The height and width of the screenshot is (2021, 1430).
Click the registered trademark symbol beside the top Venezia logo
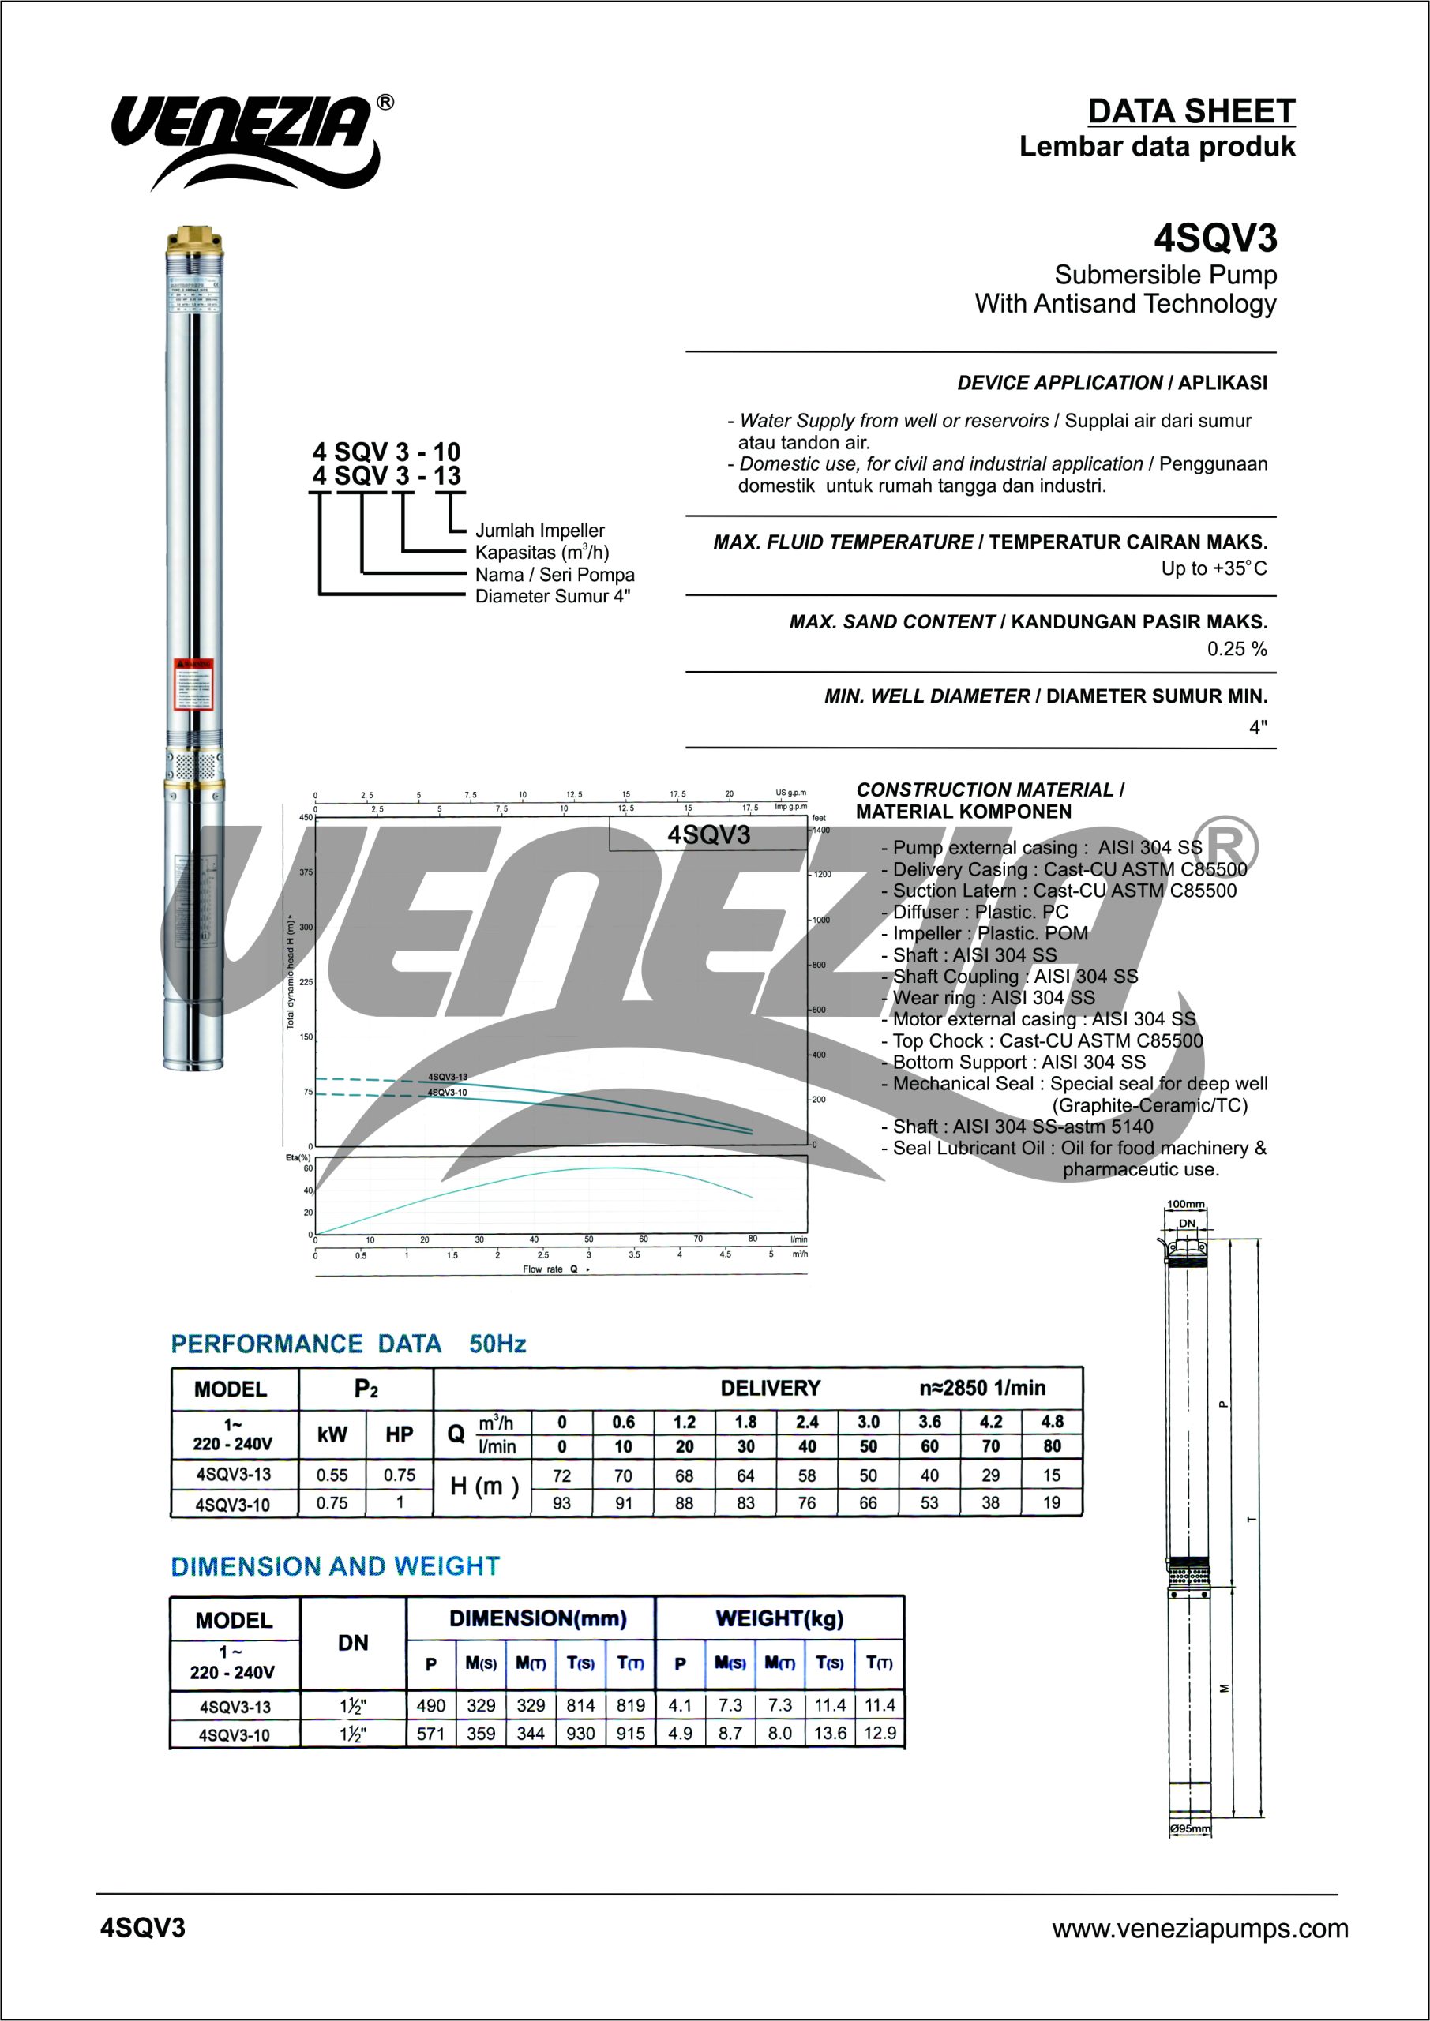tap(385, 103)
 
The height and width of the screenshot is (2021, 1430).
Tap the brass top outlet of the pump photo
tap(194, 237)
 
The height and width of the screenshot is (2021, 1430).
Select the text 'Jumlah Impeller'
tap(540, 530)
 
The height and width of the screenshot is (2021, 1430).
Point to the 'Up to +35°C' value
tap(1214, 568)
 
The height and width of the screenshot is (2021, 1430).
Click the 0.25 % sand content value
tap(1237, 649)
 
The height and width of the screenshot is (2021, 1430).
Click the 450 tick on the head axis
tap(306, 818)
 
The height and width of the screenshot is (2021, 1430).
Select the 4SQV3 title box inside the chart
tap(708, 834)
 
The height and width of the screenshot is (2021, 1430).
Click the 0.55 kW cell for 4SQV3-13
tap(332, 1475)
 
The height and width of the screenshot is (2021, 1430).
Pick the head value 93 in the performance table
tap(561, 1503)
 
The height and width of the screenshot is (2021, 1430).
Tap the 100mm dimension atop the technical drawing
tap(1185, 1204)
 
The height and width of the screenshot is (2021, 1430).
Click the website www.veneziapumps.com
tap(1199, 1929)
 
